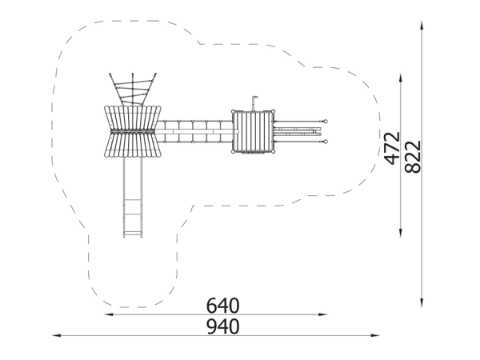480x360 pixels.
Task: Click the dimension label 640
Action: coord(222,306)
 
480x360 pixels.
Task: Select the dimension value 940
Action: coord(222,326)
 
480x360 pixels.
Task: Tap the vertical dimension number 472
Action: coord(392,149)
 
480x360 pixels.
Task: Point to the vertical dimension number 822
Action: coord(413,157)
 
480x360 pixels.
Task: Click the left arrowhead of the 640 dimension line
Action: coord(109,314)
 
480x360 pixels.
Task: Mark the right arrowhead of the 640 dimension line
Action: coord(323,314)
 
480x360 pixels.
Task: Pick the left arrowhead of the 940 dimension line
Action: coord(57,335)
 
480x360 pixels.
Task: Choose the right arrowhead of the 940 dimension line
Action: coord(375,335)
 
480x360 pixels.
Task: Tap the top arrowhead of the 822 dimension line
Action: coord(422,26)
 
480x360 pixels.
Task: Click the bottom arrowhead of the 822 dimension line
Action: coord(422,302)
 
